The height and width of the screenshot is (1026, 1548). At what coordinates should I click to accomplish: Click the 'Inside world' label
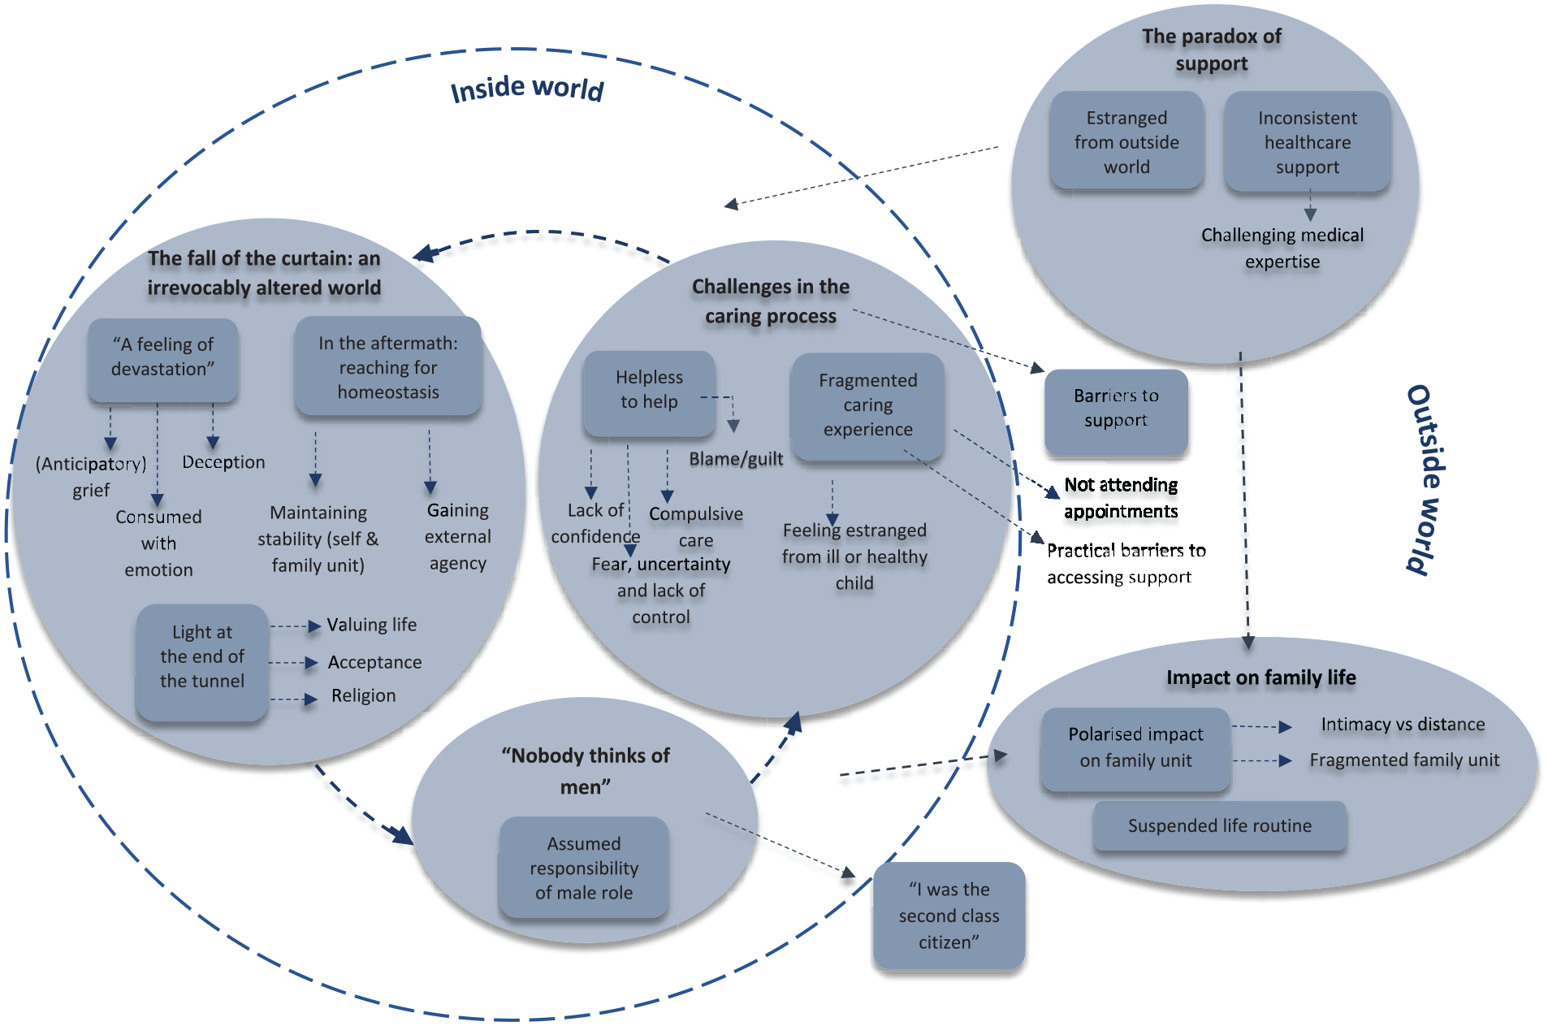527,88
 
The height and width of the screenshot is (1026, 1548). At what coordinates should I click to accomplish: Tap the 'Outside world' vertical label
1427,480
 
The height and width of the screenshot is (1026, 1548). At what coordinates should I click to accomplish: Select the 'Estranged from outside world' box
1126,141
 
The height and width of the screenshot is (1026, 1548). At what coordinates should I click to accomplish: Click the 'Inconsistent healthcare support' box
1307,141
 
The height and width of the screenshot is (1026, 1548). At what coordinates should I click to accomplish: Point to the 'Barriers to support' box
1116,412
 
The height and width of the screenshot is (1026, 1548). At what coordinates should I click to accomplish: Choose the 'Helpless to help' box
649,393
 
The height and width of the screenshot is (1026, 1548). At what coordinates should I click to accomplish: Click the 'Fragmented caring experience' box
867,405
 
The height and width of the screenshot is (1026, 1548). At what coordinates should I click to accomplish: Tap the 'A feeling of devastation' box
162,360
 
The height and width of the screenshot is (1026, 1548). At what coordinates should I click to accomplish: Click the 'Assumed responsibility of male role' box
584,868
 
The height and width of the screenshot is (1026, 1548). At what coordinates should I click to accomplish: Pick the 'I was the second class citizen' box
949,916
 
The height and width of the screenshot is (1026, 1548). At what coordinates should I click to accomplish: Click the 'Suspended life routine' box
1220,826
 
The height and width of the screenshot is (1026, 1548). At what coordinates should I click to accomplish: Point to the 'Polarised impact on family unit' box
1135,748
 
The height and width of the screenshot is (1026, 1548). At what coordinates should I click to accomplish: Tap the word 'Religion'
364,696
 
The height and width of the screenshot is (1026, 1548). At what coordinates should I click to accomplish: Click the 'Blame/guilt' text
736,459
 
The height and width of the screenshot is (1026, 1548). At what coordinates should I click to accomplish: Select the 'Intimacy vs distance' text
1403,725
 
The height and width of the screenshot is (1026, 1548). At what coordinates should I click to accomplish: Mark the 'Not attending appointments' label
1121,498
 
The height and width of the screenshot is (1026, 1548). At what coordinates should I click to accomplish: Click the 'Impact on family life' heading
1261,678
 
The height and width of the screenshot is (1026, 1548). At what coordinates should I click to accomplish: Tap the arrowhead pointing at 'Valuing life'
314,626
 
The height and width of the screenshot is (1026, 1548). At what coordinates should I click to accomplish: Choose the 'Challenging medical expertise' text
1282,249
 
